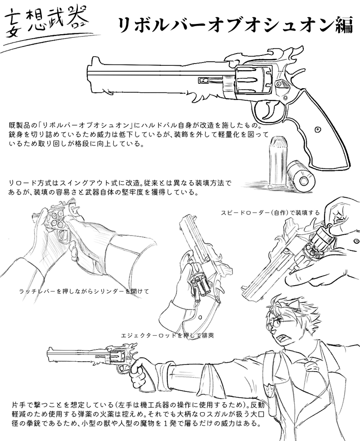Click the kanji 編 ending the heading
[x=343, y=25]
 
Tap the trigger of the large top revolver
[x=270, y=110]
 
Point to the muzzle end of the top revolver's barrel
[x=88, y=76]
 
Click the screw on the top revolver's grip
[x=318, y=130]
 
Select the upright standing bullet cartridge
[x=278, y=163]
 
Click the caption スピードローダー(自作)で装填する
[x=270, y=213]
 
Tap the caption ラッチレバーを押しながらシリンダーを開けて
[x=84, y=291]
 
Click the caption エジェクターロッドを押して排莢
[x=167, y=336]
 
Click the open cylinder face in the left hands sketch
[x=56, y=219]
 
